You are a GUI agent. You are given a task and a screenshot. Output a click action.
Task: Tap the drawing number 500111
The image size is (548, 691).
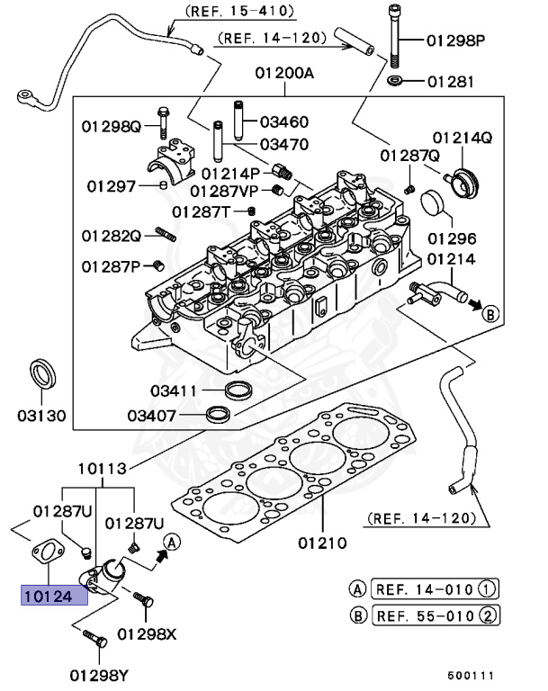(x=472, y=675)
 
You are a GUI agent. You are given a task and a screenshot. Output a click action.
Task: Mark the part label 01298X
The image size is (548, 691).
(x=148, y=633)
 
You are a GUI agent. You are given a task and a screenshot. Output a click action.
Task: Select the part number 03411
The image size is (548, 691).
(x=175, y=391)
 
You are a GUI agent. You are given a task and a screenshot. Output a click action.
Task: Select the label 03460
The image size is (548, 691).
(x=284, y=121)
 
